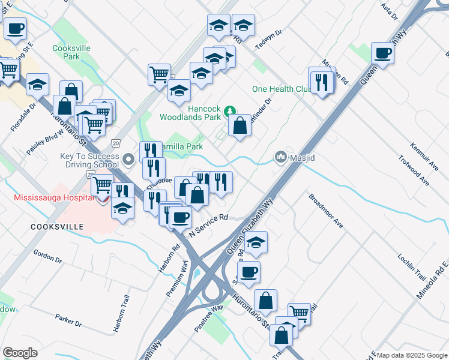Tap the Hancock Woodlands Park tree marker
click(229, 112)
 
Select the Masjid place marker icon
click(280, 157)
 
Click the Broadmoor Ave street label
click(326, 211)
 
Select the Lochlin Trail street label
click(411, 268)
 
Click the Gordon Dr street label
click(48, 257)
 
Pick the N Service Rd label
click(209, 225)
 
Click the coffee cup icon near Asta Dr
click(382, 53)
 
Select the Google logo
click(20, 353)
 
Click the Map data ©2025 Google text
click(412, 355)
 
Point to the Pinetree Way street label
click(208, 314)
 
